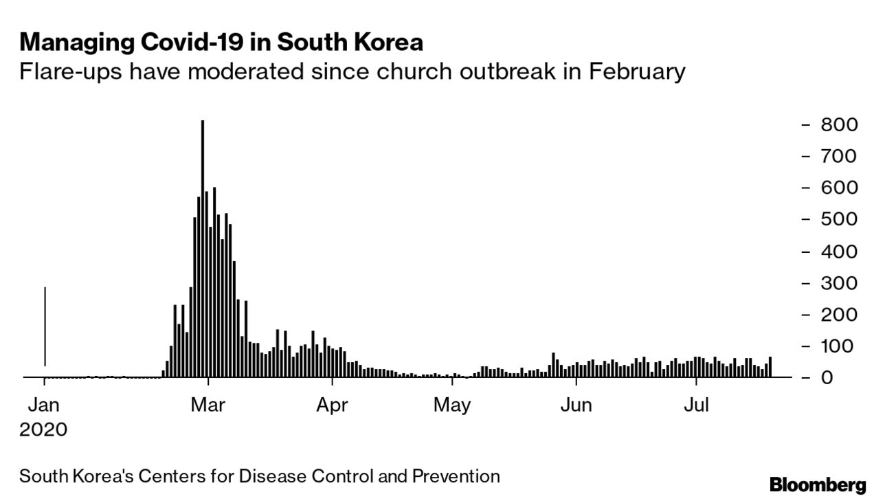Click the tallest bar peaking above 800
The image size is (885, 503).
pos(203,247)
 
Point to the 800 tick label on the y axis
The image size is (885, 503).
pos(838,125)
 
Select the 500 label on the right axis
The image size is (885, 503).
pos(838,220)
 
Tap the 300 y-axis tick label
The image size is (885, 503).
pos(838,283)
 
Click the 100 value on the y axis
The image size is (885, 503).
pos(838,346)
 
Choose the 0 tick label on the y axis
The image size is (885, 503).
pos(848,378)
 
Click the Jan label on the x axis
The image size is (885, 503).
pos(44,405)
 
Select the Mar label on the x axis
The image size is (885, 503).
pos(208,405)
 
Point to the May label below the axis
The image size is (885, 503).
pos(453,405)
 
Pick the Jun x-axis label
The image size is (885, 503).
pos(576,405)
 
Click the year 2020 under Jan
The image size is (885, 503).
pos(44,431)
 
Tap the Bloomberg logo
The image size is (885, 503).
pos(818,486)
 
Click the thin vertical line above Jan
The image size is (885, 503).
pos(45,326)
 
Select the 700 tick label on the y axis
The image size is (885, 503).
pos(838,157)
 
